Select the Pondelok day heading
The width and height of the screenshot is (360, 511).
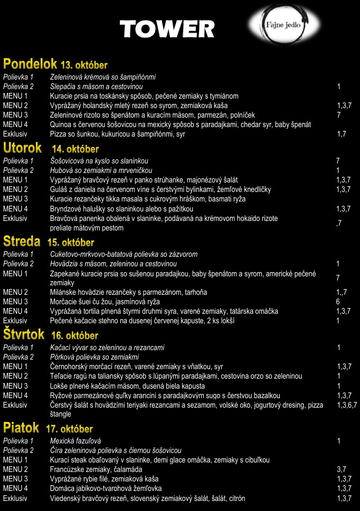pos(30,64)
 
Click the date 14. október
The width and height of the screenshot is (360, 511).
pos(75,149)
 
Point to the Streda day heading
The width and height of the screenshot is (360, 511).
pos(22,242)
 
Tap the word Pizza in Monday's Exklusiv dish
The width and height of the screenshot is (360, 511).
pos(59,134)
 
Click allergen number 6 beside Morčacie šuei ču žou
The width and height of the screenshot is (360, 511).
pos(338,302)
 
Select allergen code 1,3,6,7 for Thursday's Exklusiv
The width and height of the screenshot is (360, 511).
pos(347,405)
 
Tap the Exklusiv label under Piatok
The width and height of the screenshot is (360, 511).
pos(15,498)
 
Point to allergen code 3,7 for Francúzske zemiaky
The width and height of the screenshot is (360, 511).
pos(341,469)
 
